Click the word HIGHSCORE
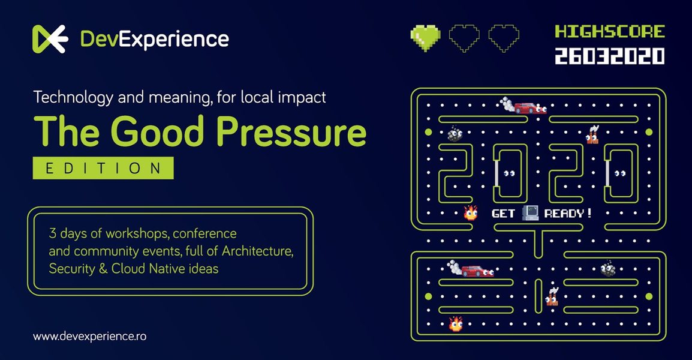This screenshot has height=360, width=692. (609, 31)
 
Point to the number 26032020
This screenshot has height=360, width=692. (609, 56)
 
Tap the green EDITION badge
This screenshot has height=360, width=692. (103, 168)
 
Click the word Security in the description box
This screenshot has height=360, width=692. (71, 268)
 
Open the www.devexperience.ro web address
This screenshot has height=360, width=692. (89, 337)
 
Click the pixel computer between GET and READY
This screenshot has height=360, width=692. (529, 212)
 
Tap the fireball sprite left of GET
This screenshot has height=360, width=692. (471, 212)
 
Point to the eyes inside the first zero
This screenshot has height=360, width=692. (509, 174)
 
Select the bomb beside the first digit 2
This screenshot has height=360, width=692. (455, 134)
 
